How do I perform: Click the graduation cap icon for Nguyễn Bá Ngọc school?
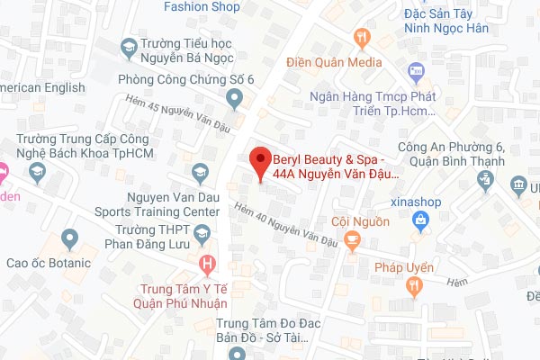pyautogui.click(x=129, y=46)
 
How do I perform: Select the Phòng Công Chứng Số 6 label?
pyautogui.click(x=186, y=79)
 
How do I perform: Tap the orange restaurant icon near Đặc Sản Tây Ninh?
pyautogui.click(x=363, y=37)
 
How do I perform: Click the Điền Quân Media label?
pyautogui.click(x=333, y=62)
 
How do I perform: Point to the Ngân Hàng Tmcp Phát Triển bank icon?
pyautogui.click(x=416, y=70)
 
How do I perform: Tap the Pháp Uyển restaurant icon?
pyautogui.click(x=414, y=286)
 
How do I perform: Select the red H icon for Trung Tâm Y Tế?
pyautogui.click(x=209, y=265)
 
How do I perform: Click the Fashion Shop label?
pyautogui.click(x=201, y=6)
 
